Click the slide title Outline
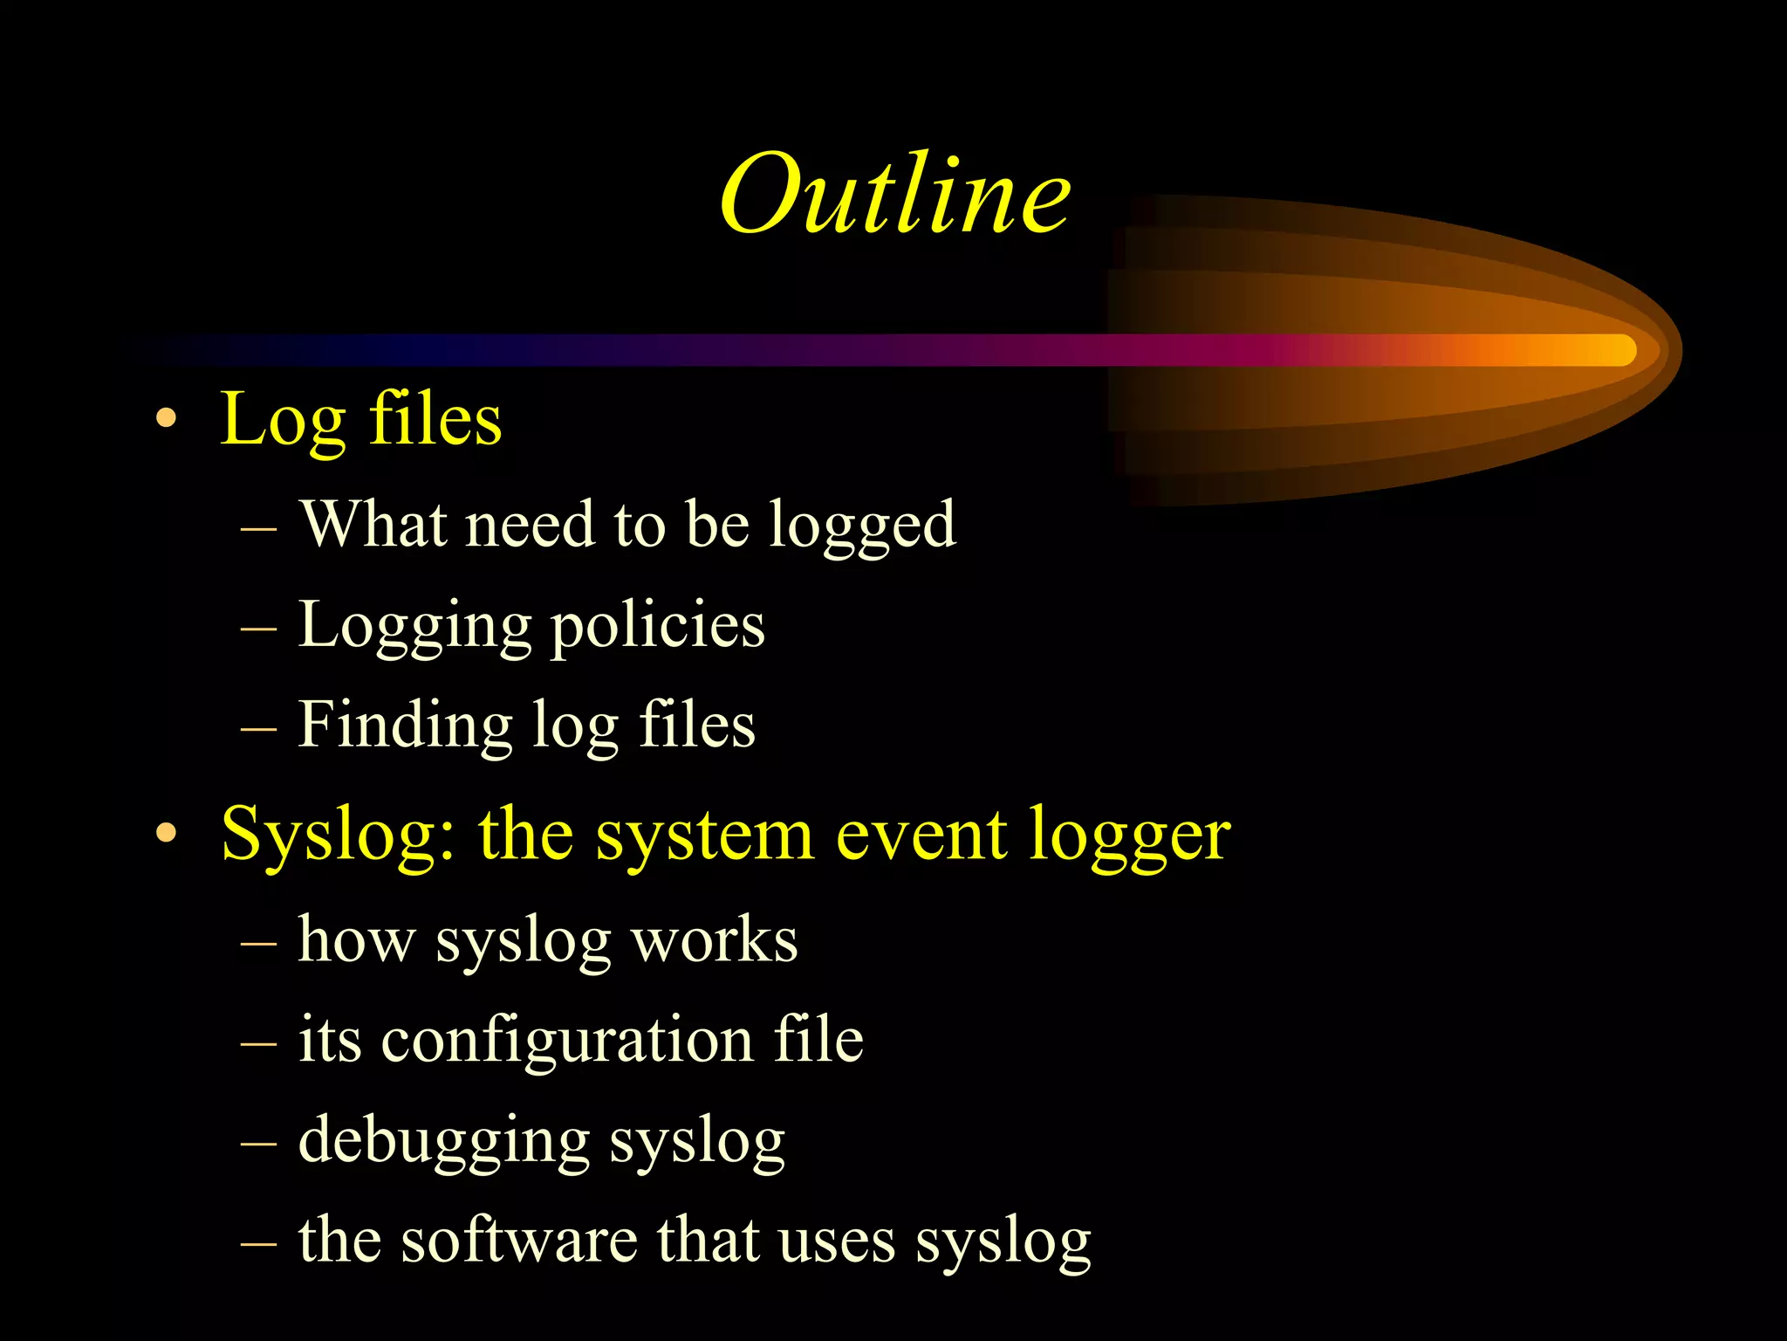pos(895,194)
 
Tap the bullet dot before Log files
pos(166,420)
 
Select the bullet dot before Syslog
pos(166,835)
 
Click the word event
pos(921,836)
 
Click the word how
pos(356,939)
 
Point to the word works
pos(714,941)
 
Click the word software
pos(519,1240)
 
